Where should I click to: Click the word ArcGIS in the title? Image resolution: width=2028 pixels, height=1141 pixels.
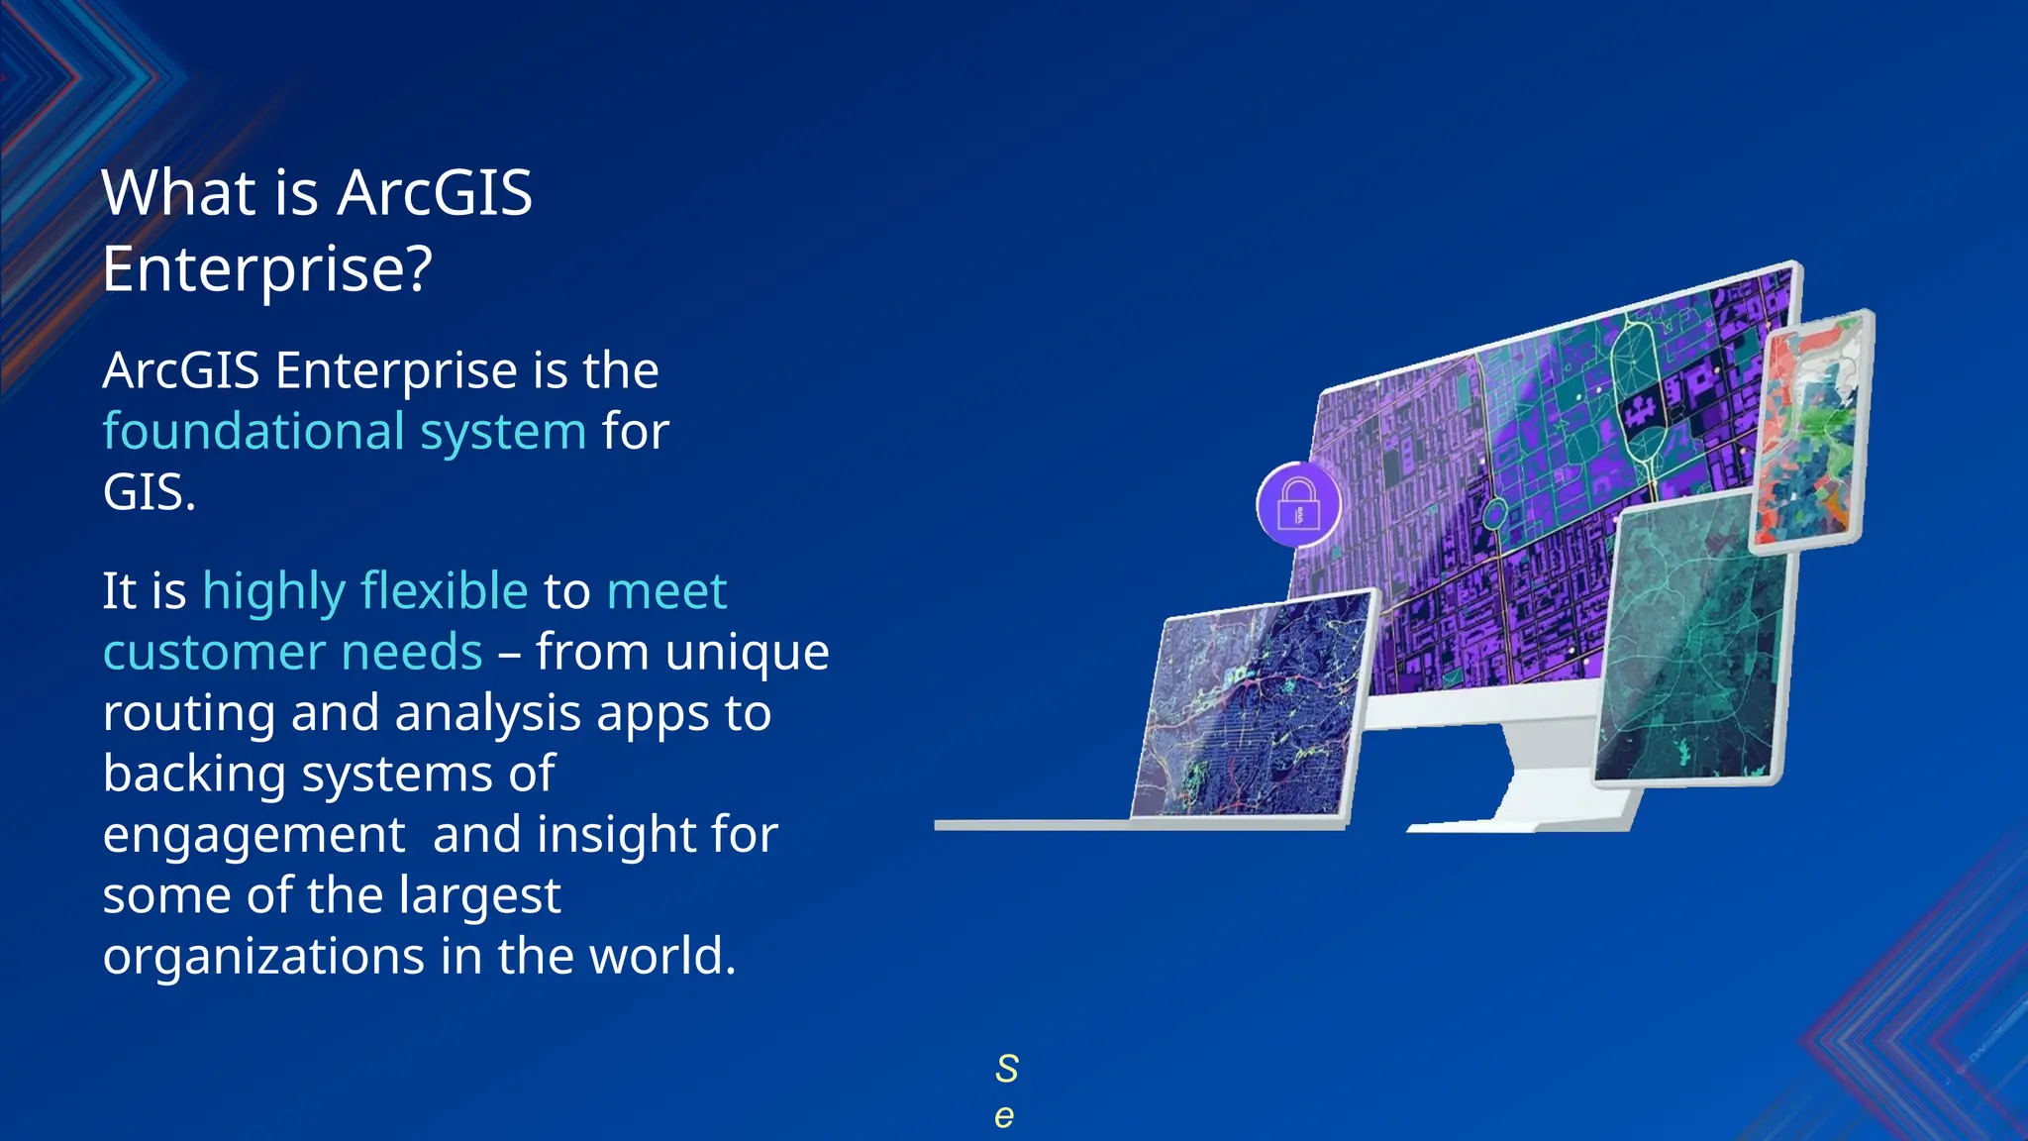435,192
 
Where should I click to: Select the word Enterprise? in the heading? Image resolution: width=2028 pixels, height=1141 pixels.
267,268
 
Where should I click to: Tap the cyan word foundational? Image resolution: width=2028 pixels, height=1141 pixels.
254,432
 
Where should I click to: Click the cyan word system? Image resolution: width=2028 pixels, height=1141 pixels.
503,432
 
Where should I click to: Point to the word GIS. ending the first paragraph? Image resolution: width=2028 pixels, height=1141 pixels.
150,492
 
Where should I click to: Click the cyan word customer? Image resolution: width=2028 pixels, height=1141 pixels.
213,653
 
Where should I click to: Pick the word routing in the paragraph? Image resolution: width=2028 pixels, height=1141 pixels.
189,713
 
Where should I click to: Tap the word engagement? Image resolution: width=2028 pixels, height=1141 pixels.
253,835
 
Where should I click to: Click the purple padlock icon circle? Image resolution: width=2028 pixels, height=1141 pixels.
1298,504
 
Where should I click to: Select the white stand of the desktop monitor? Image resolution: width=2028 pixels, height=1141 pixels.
1545,782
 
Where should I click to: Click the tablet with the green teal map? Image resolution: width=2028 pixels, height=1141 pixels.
1694,644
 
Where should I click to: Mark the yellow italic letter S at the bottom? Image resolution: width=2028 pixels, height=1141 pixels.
1006,1069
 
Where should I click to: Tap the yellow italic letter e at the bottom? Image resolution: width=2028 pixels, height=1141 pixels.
1004,1116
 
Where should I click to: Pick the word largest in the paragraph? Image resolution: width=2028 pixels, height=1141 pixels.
480,896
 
